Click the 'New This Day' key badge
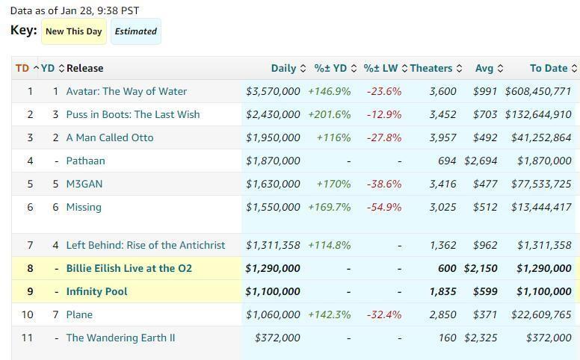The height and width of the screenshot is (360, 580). pyautogui.click(x=73, y=31)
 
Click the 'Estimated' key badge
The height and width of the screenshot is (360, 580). pyautogui.click(x=135, y=31)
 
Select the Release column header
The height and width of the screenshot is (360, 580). pyautogui.click(x=84, y=68)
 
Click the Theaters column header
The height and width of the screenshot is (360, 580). pyautogui.click(x=431, y=68)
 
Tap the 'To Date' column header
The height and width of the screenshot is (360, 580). pyautogui.click(x=549, y=68)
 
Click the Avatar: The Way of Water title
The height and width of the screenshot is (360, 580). pyautogui.click(x=126, y=91)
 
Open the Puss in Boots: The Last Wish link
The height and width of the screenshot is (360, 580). pyautogui.click(x=133, y=114)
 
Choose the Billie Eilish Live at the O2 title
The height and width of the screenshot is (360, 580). pyautogui.click(x=129, y=268)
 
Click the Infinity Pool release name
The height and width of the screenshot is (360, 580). pyautogui.click(x=96, y=291)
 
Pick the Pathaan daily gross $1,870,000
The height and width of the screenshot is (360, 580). pyautogui.click(x=273, y=161)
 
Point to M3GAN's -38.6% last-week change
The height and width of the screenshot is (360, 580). pyautogui.click(x=383, y=184)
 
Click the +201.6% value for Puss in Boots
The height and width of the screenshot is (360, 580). pyautogui.click(x=329, y=114)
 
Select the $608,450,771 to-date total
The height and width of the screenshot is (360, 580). pyautogui.click(x=538, y=91)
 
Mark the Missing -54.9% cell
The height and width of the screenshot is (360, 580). pyautogui.click(x=383, y=207)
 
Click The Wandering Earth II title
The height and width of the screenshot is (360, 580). pyautogui.click(x=120, y=338)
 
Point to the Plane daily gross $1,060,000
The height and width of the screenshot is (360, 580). pyautogui.click(x=273, y=314)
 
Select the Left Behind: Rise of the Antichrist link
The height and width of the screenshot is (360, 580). pyautogui.click(x=145, y=245)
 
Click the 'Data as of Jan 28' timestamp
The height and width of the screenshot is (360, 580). pyautogui.click(x=74, y=10)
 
